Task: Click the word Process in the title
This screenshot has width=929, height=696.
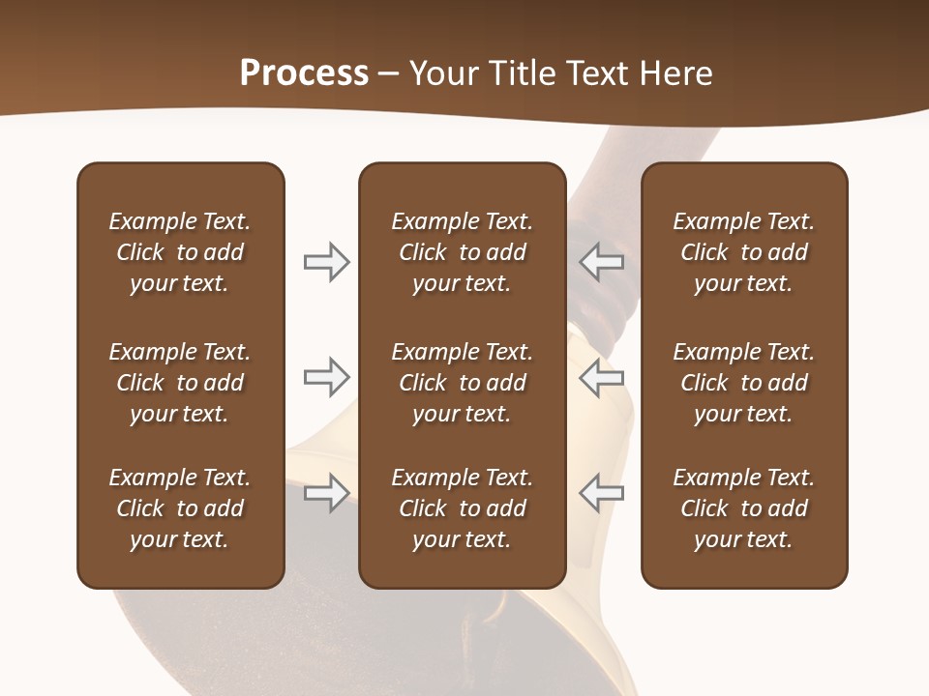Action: [x=304, y=73]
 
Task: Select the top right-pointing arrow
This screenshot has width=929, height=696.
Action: [x=326, y=261]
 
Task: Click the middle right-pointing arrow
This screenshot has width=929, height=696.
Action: [x=326, y=377]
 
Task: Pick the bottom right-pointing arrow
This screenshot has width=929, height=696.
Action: [x=326, y=493]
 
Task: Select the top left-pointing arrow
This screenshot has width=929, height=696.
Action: [x=602, y=261]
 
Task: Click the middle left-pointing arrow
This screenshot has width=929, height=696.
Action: [x=602, y=377]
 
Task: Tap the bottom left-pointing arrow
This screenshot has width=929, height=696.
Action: [x=602, y=493]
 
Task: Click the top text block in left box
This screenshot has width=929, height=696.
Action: [x=180, y=252]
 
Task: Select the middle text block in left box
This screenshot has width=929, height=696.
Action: [x=180, y=383]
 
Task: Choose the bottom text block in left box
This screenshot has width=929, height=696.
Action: [x=180, y=508]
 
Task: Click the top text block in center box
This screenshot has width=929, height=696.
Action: [x=462, y=252]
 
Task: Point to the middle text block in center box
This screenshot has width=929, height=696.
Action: [x=462, y=383]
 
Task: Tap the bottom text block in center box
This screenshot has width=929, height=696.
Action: [x=462, y=508]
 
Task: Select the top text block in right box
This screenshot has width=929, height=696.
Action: [x=743, y=252]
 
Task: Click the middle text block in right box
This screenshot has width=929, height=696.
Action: [x=743, y=383]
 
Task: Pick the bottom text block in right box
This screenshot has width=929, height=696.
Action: [x=743, y=508]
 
